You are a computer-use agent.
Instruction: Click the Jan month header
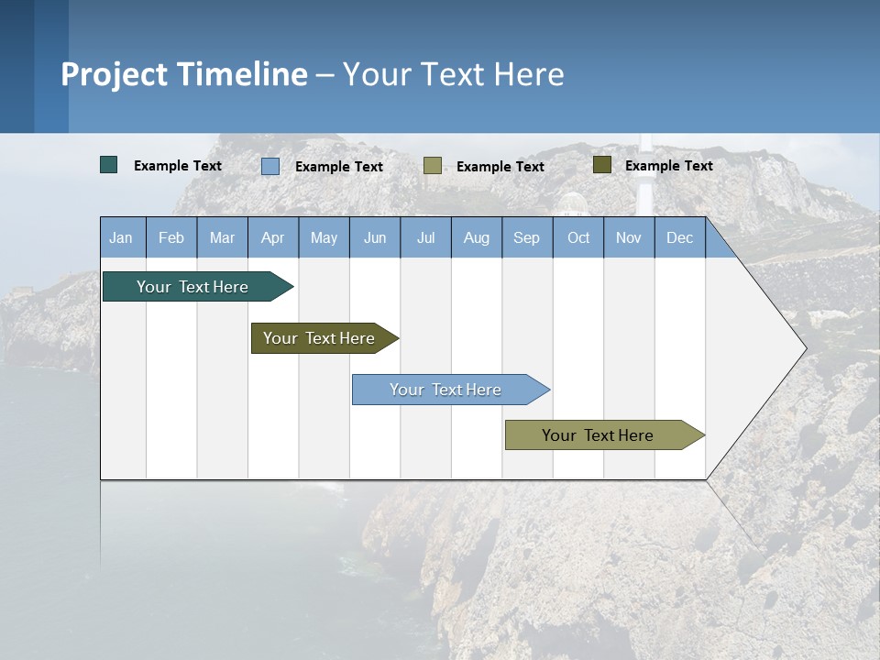pyautogui.click(x=122, y=237)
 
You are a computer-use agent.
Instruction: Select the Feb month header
pyautogui.click(x=171, y=237)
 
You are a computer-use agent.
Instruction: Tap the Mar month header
pyautogui.click(x=222, y=237)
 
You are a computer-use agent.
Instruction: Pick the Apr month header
pyautogui.click(x=273, y=237)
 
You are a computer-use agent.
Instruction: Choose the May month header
pyautogui.click(x=324, y=237)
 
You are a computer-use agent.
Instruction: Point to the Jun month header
pyautogui.click(x=375, y=237)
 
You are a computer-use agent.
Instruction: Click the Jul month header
pyautogui.click(x=425, y=237)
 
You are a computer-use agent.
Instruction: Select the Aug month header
pyautogui.click(x=477, y=237)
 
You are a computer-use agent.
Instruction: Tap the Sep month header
pyautogui.click(x=527, y=237)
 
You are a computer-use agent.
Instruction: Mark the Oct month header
pyautogui.click(x=578, y=237)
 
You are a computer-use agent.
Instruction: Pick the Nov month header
pyautogui.click(x=629, y=237)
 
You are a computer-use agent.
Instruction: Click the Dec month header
pyautogui.click(x=680, y=237)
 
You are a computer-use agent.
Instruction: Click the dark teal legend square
pyautogui.click(x=109, y=165)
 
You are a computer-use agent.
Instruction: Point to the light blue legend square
pyautogui.click(x=270, y=166)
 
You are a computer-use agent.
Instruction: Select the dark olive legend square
pyautogui.click(x=602, y=165)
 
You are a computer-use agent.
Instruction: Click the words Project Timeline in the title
pyautogui.click(x=184, y=74)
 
